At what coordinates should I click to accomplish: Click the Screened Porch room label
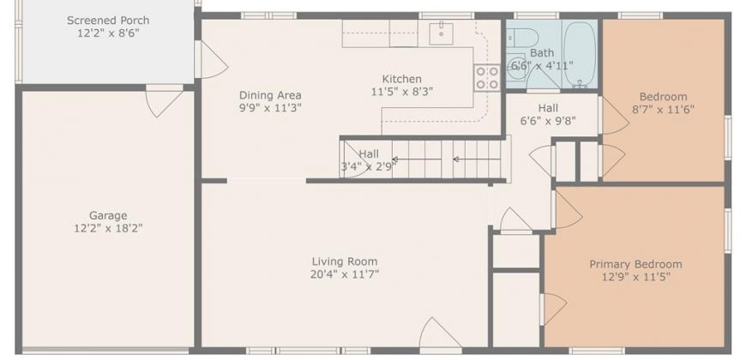108,21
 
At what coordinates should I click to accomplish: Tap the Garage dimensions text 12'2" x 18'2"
108,228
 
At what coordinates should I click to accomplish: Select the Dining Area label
270,95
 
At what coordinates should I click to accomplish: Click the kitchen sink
442,33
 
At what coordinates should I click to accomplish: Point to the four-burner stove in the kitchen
487,77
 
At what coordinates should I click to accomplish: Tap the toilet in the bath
521,37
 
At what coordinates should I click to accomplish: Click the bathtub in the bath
580,54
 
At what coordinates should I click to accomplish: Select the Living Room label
345,261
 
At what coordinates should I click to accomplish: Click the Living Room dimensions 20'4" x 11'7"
345,274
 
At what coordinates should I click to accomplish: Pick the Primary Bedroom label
635,264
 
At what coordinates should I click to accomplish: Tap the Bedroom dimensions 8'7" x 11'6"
663,110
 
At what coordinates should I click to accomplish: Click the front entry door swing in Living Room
440,334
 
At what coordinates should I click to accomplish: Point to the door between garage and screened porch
164,101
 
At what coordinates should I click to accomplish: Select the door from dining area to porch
212,60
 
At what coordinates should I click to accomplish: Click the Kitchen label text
402,79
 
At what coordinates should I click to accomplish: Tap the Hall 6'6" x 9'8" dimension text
548,121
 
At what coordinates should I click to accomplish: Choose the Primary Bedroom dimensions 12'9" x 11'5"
635,277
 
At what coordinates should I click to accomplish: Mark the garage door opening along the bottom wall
105,351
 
